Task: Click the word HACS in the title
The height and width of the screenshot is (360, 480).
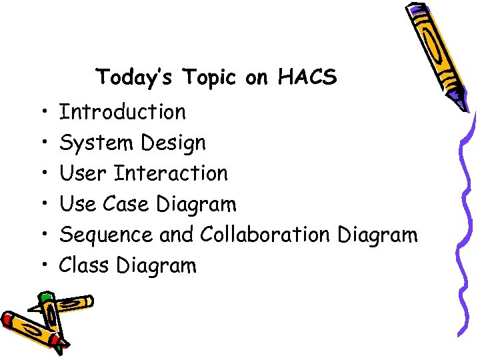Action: click(x=308, y=77)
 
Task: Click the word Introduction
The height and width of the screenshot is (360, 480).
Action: click(x=123, y=112)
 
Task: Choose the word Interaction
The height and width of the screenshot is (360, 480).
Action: click(x=171, y=173)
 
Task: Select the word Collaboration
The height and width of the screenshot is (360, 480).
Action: click(x=265, y=235)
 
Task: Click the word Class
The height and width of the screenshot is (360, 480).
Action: click(x=84, y=265)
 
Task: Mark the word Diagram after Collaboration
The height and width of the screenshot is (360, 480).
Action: click(x=377, y=235)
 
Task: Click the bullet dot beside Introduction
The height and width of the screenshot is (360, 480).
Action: click(x=41, y=112)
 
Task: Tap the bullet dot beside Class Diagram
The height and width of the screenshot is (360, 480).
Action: click(x=41, y=265)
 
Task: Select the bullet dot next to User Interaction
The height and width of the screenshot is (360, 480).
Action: click(x=41, y=173)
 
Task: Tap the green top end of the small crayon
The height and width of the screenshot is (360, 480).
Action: click(x=45, y=297)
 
